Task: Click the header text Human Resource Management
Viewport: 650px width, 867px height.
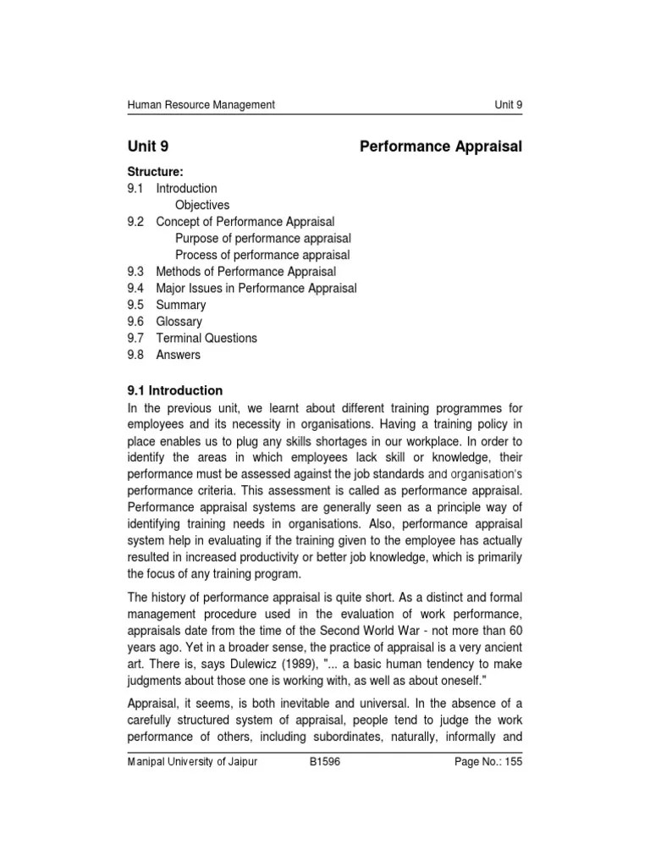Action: pos(201,105)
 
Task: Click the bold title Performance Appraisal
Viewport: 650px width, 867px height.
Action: pos(441,147)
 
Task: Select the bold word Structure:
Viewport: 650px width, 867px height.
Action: pos(155,172)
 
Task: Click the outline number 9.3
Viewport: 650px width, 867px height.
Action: pos(136,272)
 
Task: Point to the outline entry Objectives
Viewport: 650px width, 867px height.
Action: pos(202,205)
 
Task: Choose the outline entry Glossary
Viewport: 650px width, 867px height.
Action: pos(179,322)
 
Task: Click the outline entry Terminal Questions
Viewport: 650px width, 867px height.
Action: pos(207,338)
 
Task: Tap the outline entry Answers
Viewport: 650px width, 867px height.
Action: pos(179,355)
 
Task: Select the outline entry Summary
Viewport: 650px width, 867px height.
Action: pos(181,305)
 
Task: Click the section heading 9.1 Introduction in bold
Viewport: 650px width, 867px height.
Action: pos(175,390)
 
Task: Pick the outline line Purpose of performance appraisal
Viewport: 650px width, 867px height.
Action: pos(262,239)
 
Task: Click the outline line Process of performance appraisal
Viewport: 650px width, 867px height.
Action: pos(262,255)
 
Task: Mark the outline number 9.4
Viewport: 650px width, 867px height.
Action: pos(136,288)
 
